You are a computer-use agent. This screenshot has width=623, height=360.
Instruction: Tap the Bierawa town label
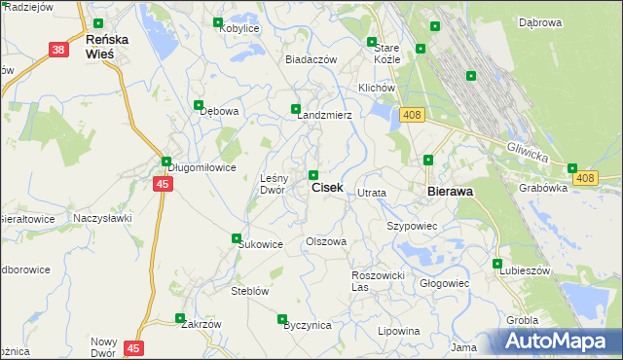pos(451,192)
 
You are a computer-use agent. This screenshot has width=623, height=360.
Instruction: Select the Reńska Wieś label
pos(100,46)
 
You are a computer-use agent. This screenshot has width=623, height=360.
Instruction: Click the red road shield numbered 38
pos(58,50)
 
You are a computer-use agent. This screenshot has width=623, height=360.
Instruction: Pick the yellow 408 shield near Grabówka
pos(584,178)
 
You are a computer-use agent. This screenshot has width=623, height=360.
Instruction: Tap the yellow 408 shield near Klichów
pos(412,116)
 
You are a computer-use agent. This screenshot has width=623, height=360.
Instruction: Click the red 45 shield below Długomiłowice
pos(162,184)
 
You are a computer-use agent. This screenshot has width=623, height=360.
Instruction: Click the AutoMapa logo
pos(559,342)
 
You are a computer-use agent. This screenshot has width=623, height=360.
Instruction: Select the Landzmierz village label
pos(324,115)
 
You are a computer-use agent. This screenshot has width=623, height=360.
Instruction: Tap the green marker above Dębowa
pos(199,105)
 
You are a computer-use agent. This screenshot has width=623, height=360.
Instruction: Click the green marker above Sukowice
pos(236,238)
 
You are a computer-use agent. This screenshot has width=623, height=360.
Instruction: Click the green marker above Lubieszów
pos(497,264)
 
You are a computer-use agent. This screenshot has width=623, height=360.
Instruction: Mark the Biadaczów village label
pos(311,59)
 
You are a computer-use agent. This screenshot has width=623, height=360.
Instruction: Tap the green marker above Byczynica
pos(282,319)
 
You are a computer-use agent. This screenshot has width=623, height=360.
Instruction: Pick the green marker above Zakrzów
pos(179,317)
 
